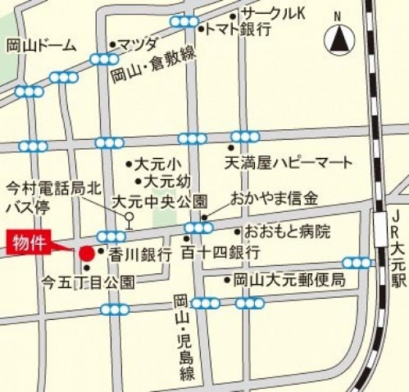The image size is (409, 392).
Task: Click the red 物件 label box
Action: click(32, 241)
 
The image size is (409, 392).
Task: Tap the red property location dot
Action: click(86, 254)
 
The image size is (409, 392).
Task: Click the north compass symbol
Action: click(337, 40)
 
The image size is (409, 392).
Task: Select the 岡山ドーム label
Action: click(42, 46)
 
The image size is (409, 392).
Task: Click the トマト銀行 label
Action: click(240, 30)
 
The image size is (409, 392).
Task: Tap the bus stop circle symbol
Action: click(129, 216)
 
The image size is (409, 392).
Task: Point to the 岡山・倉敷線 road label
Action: click(156, 67)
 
